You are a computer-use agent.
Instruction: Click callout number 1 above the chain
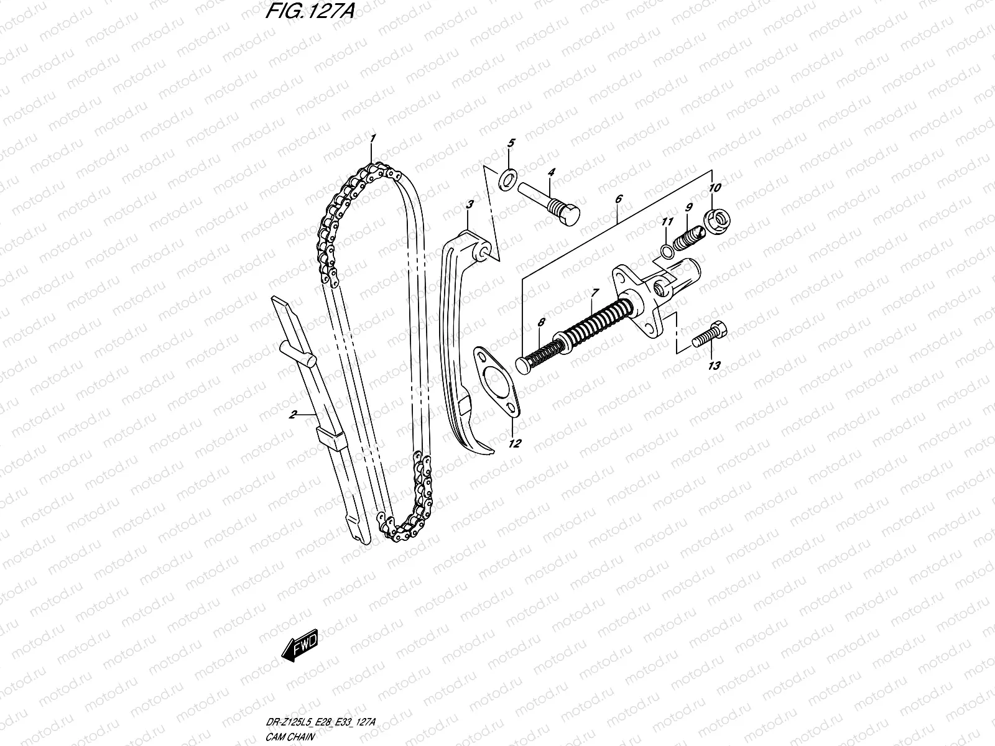click(x=373, y=138)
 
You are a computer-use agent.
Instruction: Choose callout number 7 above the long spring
click(x=595, y=292)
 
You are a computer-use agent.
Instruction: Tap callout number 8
click(x=541, y=322)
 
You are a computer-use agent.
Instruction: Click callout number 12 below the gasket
click(x=515, y=444)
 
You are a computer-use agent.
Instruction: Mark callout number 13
click(x=714, y=366)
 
